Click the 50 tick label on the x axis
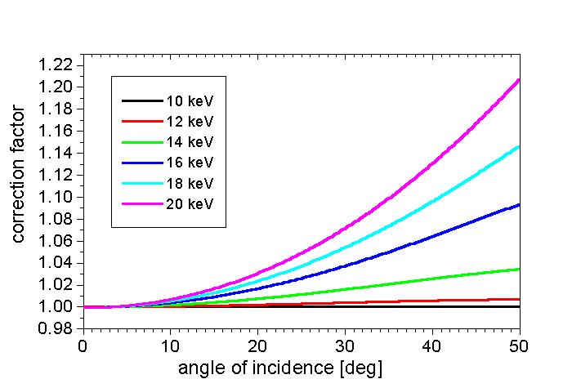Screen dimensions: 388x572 [x=520, y=346]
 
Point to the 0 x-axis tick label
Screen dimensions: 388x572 [x=83, y=346]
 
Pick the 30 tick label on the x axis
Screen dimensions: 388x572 [x=345, y=346]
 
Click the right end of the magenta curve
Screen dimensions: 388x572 [x=519, y=80]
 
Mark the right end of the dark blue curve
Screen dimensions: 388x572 [x=519, y=204]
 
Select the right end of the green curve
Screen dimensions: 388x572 [x=519, y=269]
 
